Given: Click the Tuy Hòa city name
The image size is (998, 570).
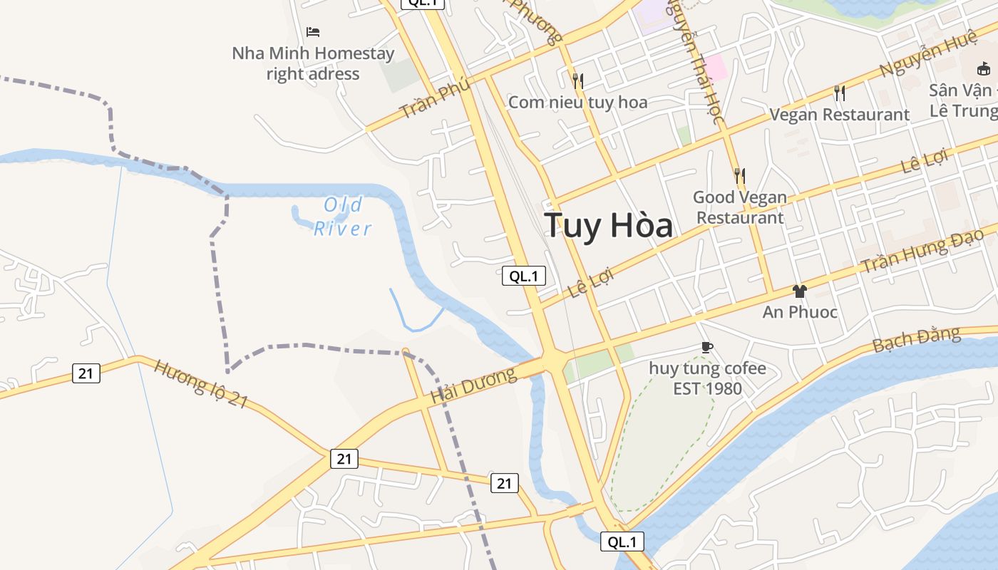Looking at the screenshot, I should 608,226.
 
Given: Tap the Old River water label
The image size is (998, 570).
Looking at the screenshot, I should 344,217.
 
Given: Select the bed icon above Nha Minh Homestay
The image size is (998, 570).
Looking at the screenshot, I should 312,31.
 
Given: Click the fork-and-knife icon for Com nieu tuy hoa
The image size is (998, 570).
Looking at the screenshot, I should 577,81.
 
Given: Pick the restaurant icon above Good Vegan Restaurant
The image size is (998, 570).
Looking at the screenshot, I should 739,175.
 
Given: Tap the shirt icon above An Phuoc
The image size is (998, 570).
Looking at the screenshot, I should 799,291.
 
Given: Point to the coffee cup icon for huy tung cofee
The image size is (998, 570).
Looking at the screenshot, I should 706,347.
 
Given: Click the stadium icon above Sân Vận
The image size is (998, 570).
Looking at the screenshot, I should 984,68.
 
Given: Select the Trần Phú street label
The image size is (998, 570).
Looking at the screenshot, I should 435,98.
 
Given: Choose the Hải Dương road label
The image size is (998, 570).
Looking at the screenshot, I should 473,385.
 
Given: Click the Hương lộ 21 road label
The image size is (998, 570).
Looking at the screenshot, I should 201,384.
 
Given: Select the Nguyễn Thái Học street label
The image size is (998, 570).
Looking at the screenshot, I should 695,61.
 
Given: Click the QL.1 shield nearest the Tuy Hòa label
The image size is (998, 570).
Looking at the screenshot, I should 524,276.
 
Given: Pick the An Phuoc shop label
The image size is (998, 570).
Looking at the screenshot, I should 800,312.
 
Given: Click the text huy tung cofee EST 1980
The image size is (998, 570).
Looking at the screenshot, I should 707,378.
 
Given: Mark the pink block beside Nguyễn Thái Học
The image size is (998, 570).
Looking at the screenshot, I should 715,68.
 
